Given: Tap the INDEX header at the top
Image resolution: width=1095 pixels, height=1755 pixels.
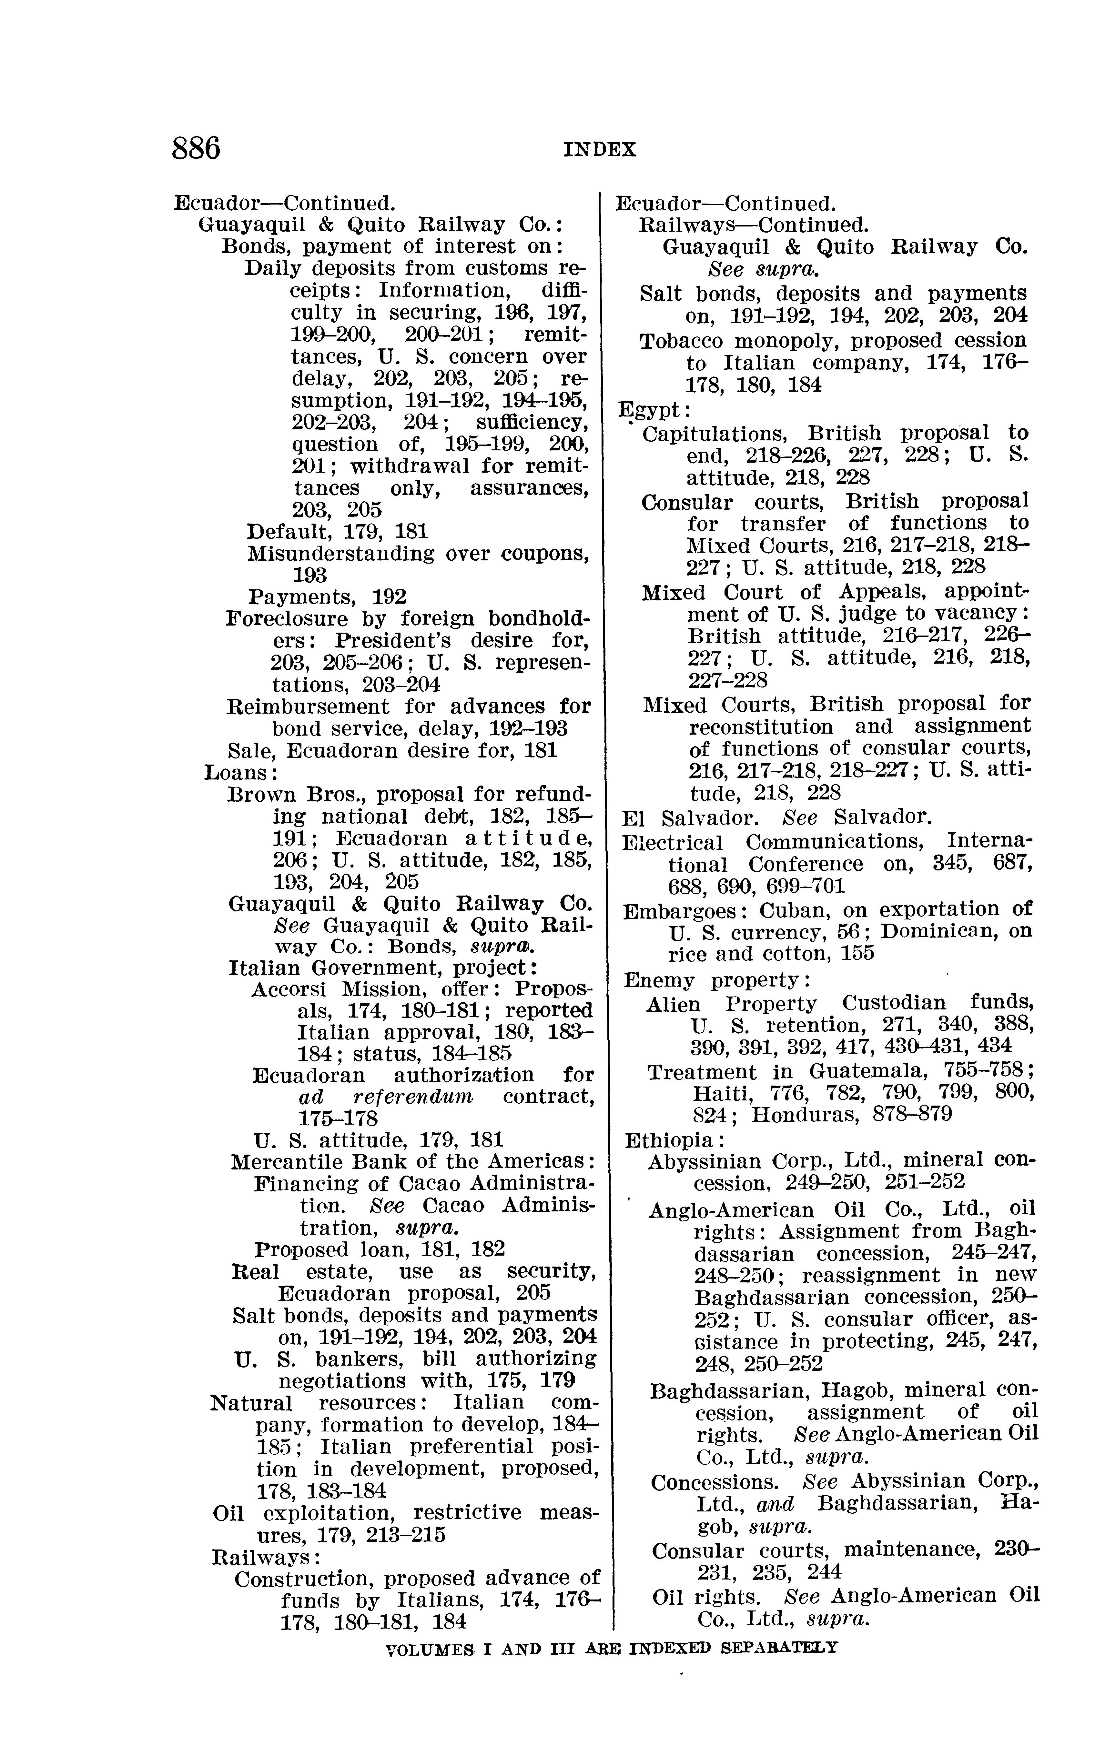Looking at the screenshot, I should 600,150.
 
